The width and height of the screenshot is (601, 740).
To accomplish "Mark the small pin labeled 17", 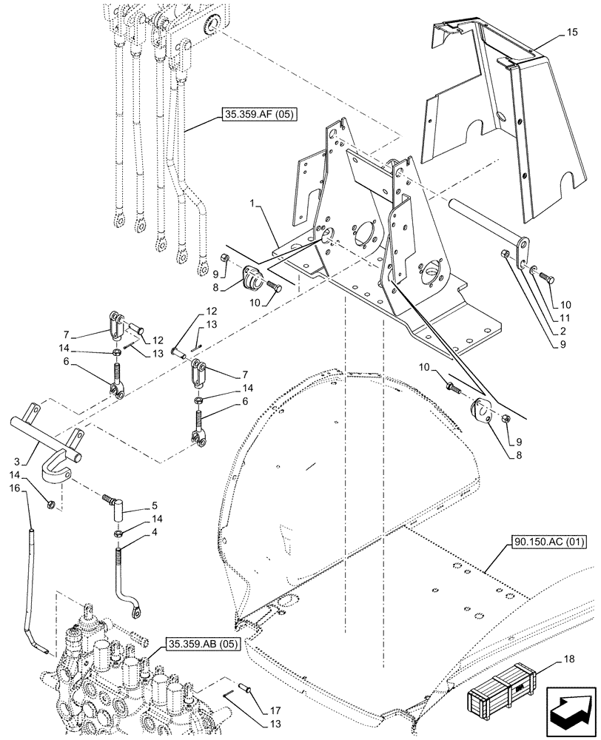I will tap(249, 690).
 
